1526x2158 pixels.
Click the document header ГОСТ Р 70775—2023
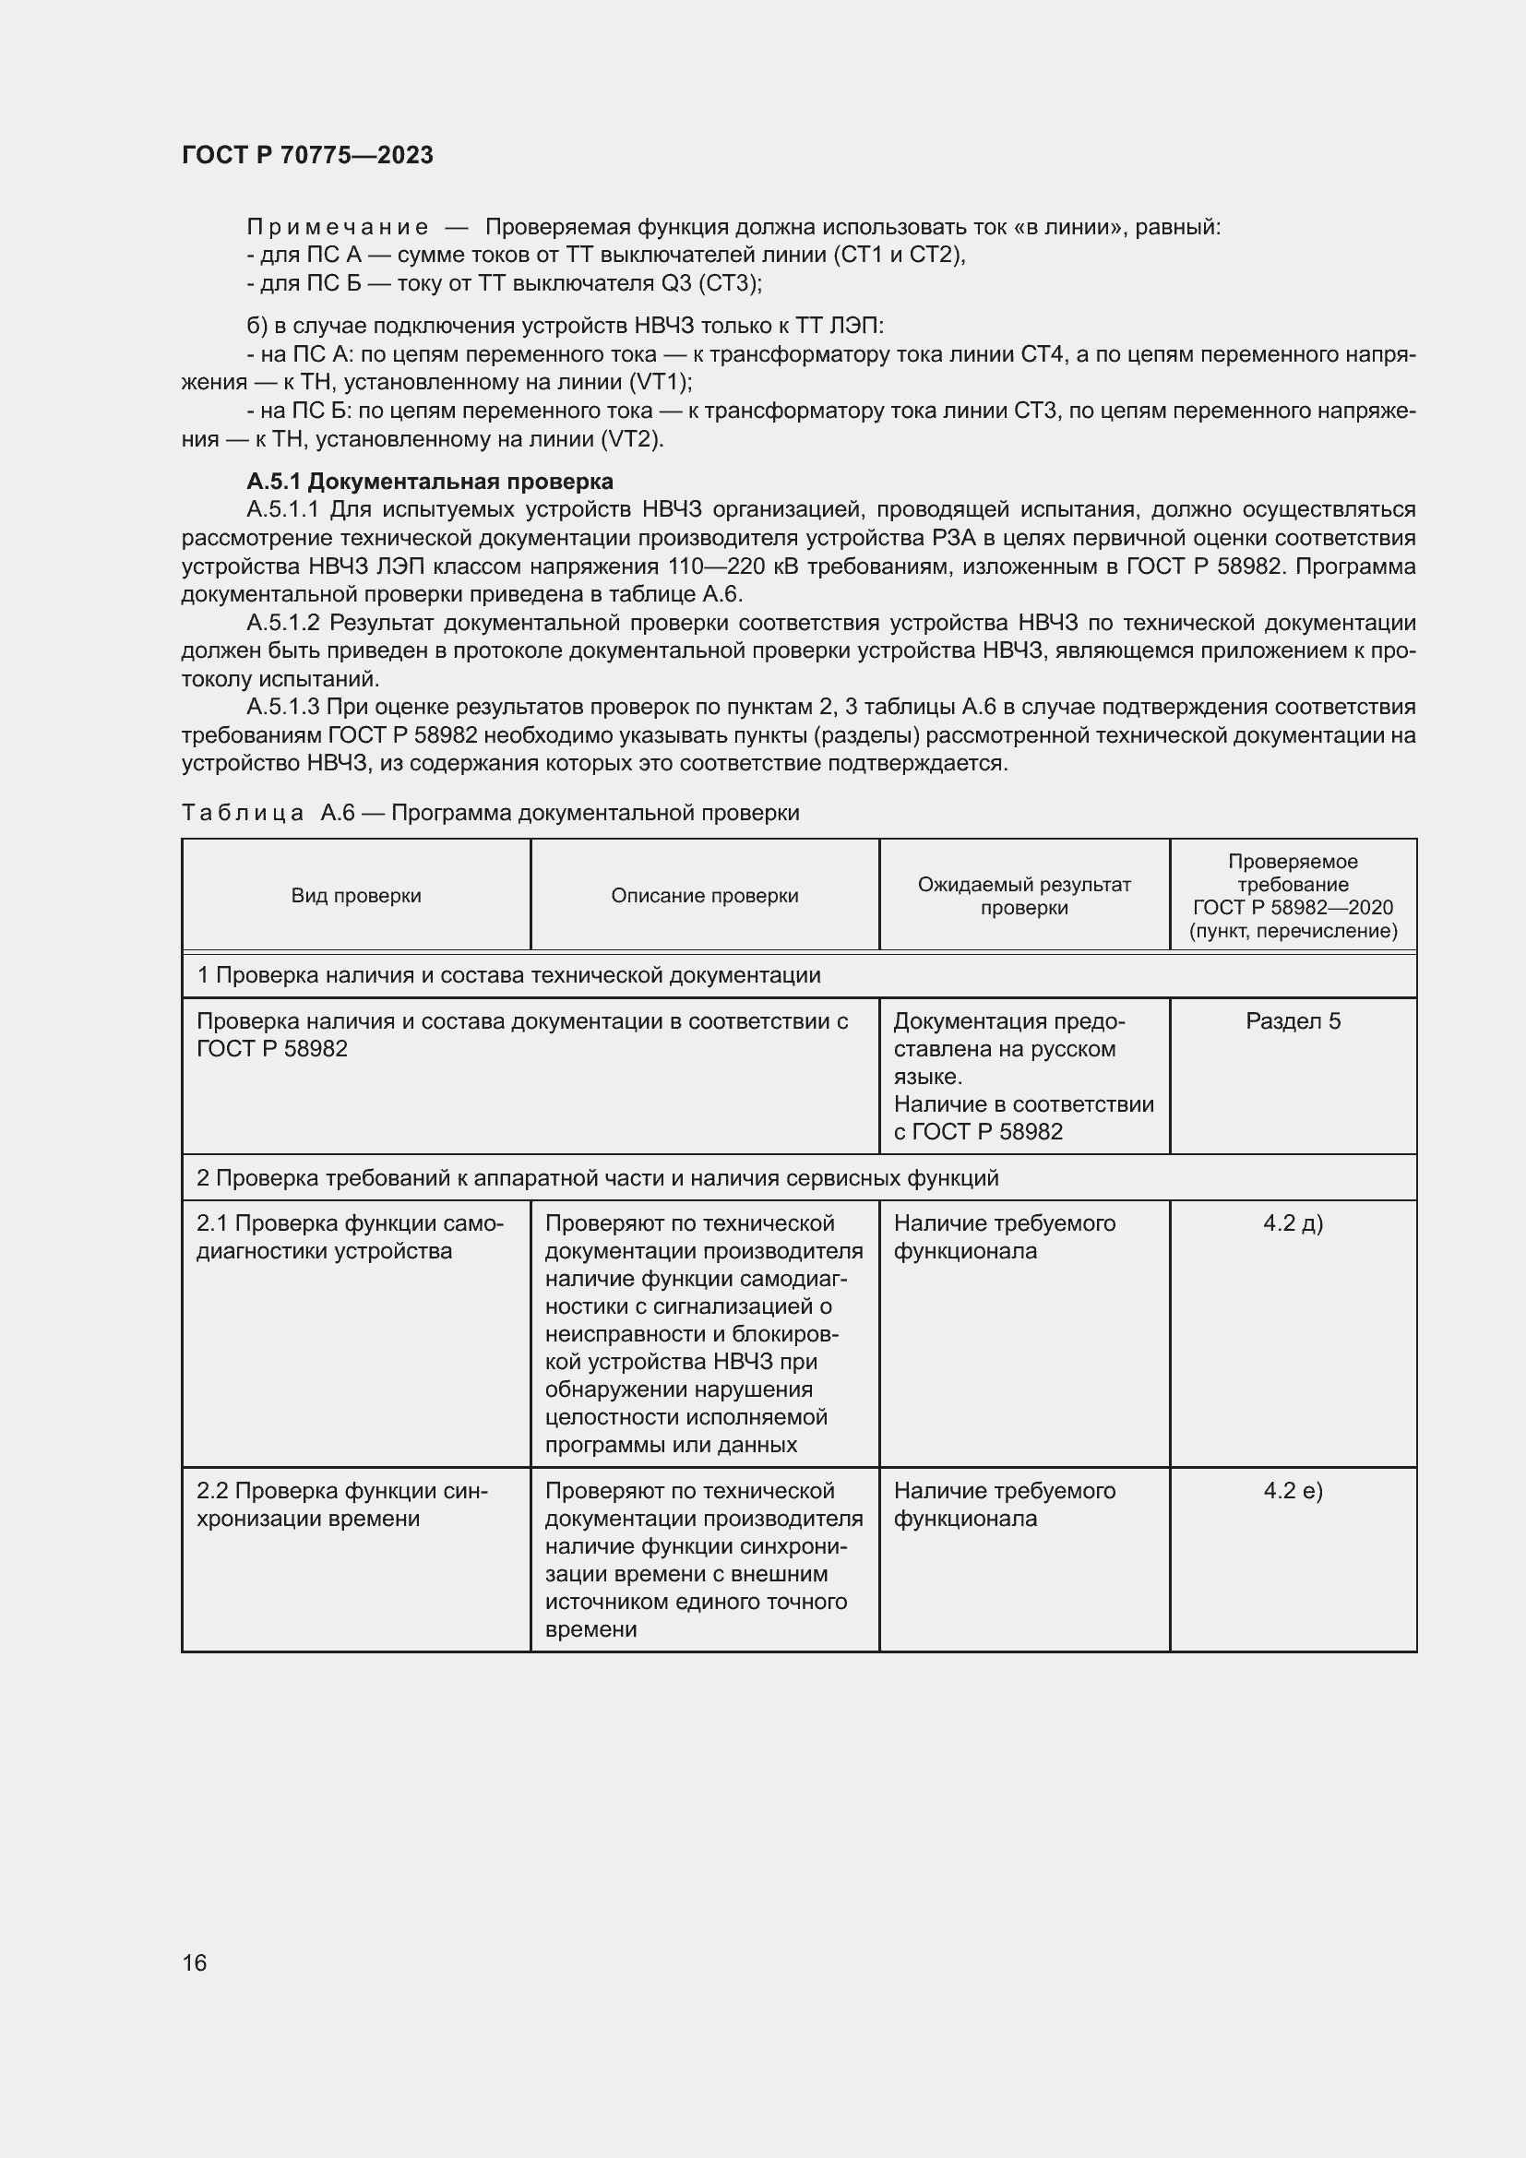click(307, 155)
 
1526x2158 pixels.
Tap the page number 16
click(195, 1962)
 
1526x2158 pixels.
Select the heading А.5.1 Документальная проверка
click(429, 482)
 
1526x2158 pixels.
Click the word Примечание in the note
click(338, 227)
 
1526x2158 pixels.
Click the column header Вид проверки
click(356, 895)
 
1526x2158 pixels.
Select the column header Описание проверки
click(705, 895)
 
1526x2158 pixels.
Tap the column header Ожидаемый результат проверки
click(1024, 895)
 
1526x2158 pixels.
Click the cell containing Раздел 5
click(1293, 1020)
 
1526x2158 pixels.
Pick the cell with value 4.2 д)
click(1293, 1222)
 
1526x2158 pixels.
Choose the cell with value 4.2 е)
click(1293, 1491)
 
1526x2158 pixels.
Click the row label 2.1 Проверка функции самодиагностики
click(350, 1237)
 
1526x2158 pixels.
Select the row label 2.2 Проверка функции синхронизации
click(342, 1505)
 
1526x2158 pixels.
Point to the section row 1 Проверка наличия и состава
click(508, 974)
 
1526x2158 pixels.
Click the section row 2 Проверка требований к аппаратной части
click(598, 1177)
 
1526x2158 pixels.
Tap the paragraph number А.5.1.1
click(283, 509)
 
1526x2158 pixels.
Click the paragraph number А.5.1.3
click(283, 707)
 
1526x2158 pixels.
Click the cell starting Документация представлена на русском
click(1023, 1075)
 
